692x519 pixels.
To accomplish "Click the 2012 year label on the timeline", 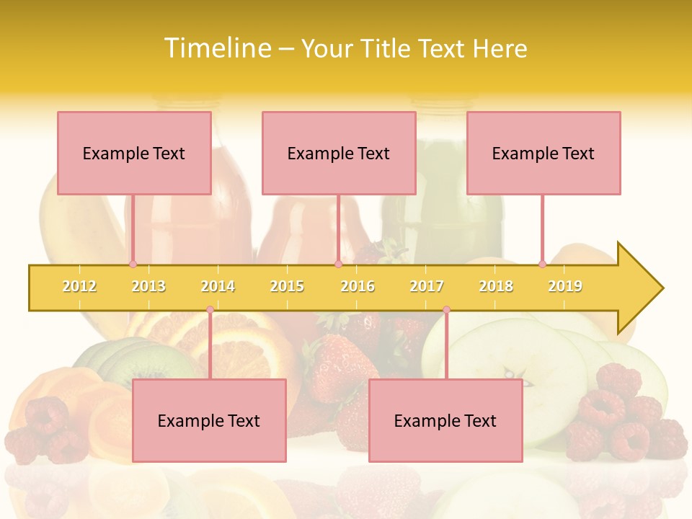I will point(79,286).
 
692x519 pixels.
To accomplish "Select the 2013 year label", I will point(148,286).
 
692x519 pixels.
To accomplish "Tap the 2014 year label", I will point(218,286).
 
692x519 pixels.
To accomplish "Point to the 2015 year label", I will point(287,286).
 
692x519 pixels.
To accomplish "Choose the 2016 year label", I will point(358,286).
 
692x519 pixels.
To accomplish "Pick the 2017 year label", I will point(427,286).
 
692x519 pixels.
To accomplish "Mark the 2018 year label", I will point(496,286).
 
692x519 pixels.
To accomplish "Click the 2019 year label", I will point(565,286).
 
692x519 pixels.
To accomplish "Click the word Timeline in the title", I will point(216,48).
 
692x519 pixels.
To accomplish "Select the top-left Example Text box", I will point(134,153).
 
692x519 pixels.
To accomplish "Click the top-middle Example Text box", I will point(339,153).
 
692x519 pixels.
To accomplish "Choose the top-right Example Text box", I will point(544,153).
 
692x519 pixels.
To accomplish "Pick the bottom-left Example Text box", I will point(209,420).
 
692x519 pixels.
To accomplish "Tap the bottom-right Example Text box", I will point(445,420).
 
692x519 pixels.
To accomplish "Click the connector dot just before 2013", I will point(133,264).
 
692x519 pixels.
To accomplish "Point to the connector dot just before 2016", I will point(338,264).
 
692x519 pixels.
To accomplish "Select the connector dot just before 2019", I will point(542,264).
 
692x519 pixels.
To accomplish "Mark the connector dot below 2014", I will point(210,309).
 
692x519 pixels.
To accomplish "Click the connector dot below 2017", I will point(446,309).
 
